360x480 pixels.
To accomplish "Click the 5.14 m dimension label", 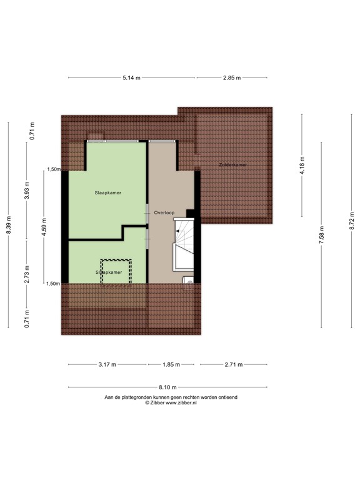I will [x=131, y=77].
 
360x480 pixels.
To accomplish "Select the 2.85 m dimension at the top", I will [x=232, y=77].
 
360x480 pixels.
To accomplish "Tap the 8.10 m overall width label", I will [x=168, y=387].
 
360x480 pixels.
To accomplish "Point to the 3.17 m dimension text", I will [x=108, y=365].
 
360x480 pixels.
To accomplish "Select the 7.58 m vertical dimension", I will [x=321, y=235].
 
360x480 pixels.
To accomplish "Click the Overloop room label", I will [x=165, y=211].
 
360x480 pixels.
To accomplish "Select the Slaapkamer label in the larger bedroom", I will [x=108, y=192].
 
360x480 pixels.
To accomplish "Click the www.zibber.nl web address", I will [x=179, y=403].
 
